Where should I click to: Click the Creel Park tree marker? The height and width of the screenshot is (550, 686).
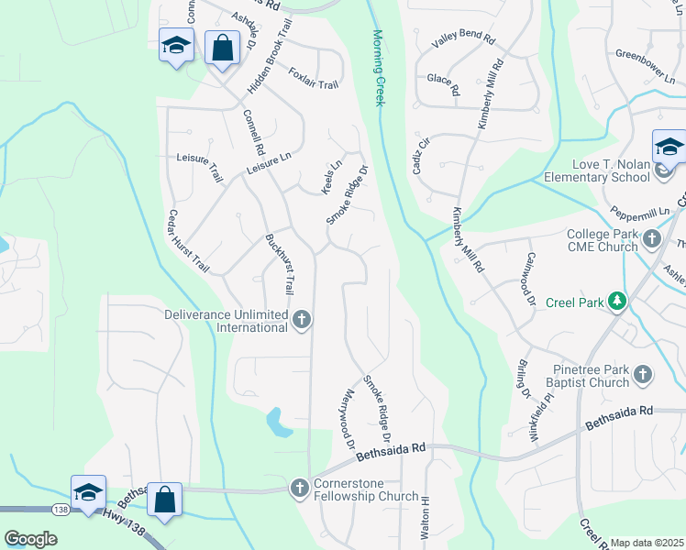tap(619, 302)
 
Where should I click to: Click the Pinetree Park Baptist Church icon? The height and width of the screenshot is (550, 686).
tap(643, 374)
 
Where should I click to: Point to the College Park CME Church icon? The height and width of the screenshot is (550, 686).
tap(652, 239)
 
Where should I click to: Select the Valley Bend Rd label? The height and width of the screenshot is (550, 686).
tap(463, 41)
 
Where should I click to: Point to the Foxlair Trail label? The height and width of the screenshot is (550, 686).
tap(313, 78)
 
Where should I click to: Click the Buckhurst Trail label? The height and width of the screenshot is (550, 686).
tap(278, 265)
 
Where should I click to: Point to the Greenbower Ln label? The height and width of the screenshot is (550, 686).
tap(645, 53)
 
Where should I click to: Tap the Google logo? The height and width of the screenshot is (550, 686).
tap(31, 539)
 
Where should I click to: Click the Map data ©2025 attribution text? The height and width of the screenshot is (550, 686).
tap(647, 543)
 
